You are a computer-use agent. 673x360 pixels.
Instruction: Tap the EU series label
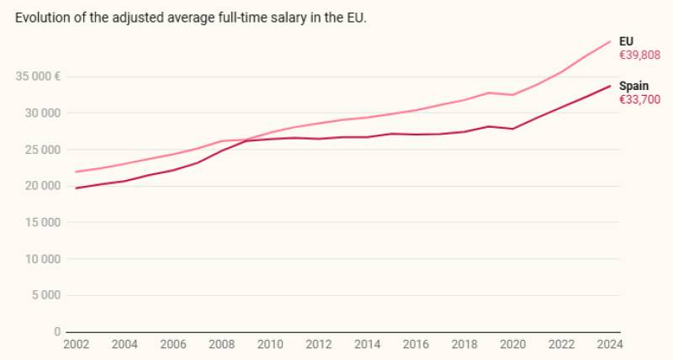pos(626,41)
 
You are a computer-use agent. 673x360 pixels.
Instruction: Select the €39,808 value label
pos(640,55)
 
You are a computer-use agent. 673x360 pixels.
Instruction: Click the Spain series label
pos(633,86)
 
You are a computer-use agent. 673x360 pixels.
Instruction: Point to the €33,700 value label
pos(639,99)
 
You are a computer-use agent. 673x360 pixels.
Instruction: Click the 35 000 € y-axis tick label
pos(38,77)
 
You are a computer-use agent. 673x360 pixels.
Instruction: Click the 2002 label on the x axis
pos(76,344)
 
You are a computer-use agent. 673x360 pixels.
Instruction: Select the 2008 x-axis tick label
pos(221,344)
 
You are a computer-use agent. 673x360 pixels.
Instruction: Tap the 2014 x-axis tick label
pos(367,344)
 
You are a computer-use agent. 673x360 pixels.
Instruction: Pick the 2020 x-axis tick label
pos(512,344)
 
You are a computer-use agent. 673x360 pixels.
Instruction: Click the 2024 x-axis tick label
pos(610,344)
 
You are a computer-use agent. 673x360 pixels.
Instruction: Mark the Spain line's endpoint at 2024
pos(610,86)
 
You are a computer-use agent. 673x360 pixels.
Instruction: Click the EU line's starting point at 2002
pos(76,172)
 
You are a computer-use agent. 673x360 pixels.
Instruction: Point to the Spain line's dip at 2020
pos(512,129)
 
